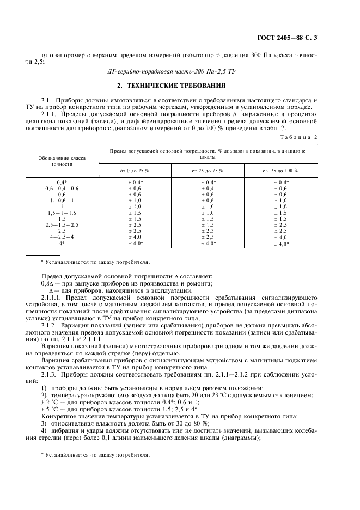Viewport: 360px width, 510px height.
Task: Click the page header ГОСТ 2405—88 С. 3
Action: [x=290, y=38]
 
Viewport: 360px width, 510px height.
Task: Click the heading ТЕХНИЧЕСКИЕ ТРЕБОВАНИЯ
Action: [x=179, y=86]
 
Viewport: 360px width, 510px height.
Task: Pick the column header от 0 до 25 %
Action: [x=134, y=171]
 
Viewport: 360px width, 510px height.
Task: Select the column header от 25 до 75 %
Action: [x=208, y=171]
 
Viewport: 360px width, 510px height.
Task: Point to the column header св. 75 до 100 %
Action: [x=280, y=171]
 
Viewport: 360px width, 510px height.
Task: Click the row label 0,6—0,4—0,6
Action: [x=62, y=188]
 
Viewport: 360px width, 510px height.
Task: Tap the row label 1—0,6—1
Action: [x=62, y=201]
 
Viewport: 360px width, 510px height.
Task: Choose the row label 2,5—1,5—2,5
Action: [x=62, y=224]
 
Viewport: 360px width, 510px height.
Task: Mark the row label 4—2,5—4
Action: [x=62, y=237]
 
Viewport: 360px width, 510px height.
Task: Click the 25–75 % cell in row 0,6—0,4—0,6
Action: [x=208, y=188]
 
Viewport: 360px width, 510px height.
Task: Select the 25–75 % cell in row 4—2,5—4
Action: [x=208, y=237]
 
